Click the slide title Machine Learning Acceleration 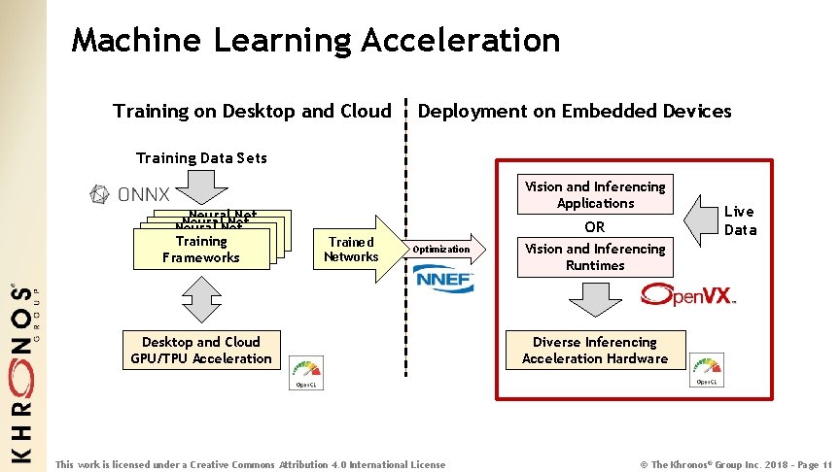(x=316, y=40)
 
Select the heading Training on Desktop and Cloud (x=251, y=111)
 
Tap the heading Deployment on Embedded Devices (x=574, y=111)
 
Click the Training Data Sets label (x=201, y=157)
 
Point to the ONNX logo (x=129, y=194)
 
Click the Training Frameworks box (x=201, y=250)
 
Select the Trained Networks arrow (x=355, y=250)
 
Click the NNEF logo (x=444, y=282)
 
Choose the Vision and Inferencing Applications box (x=595, y=195)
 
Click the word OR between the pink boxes (x=595, y=226)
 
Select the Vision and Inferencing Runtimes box (x=595, y=256)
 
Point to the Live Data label (x=738, y=220)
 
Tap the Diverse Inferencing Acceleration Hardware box (x=595, y=350)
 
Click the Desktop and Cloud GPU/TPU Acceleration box (x=201, y=350)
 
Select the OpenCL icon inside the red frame (x=707, y=371)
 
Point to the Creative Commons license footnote (x=251, y=464)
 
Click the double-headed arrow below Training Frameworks (x=201, y=299)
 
